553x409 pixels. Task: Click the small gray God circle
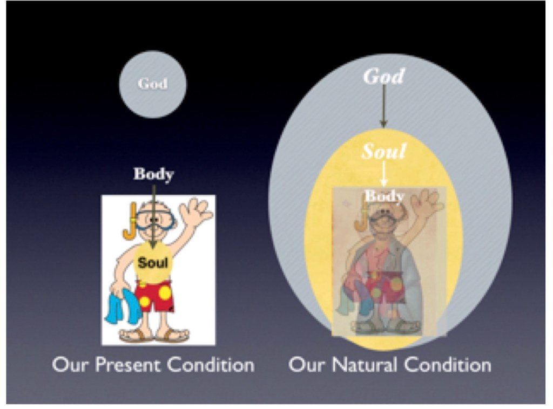[153, 84]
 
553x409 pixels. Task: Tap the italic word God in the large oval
[384, 76]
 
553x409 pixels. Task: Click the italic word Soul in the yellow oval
[384, 151]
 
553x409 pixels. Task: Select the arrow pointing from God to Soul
[384, 106]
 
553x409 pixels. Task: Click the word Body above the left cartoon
[154, 174]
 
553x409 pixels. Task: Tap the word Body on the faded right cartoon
[385, 196]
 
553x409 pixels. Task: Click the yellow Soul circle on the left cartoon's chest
[153, 262]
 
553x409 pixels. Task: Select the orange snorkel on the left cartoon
[130, 222]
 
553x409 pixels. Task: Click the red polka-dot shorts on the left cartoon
[154, 296]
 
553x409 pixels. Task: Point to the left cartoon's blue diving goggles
[155, 220]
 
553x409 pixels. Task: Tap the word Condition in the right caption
[448, 365]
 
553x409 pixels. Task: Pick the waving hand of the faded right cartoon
[426, 202]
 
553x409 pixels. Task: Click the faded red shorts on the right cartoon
[386, 287]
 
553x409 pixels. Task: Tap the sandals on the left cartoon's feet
[154, 336]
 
